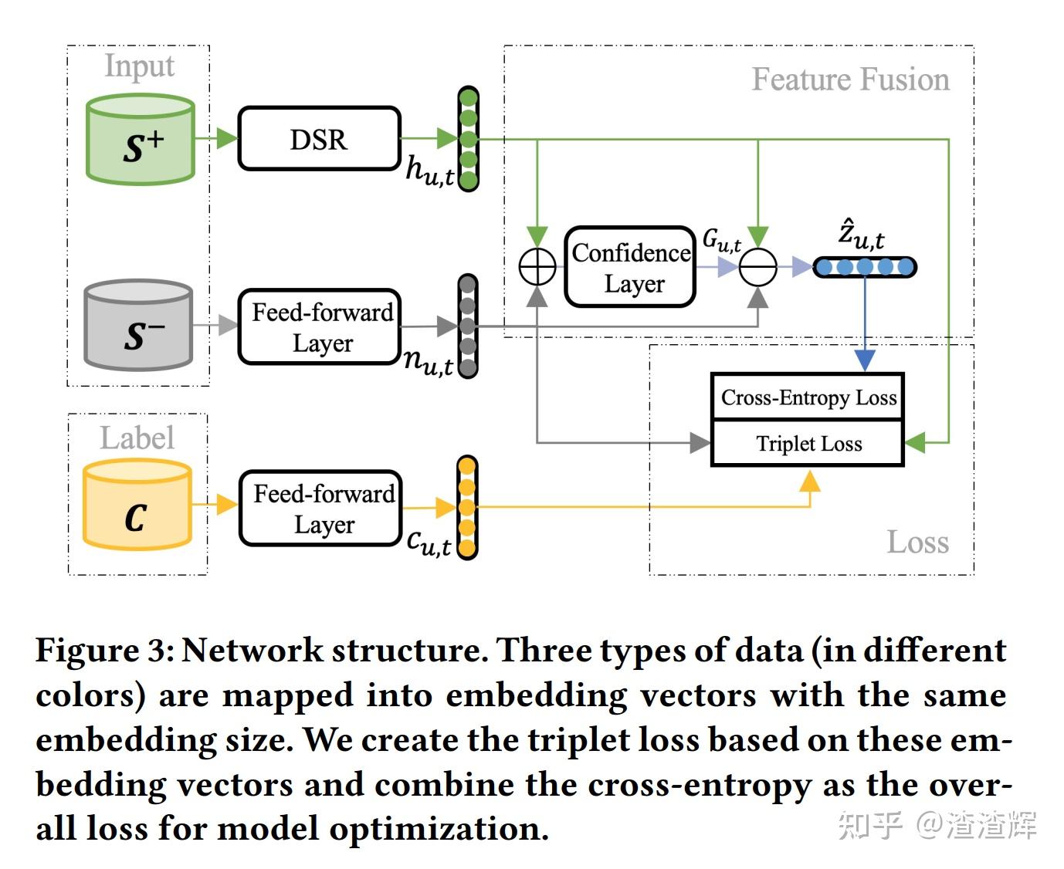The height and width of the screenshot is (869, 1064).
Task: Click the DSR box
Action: click(x=319, y=139)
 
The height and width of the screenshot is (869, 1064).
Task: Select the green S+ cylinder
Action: click(x=141, y=140)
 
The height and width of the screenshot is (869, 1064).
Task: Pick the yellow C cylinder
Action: click(x=137, y=506)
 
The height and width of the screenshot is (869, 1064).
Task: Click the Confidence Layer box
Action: click(x=630, y=267)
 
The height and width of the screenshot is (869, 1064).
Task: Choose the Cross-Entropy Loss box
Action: click(x=808, y=397)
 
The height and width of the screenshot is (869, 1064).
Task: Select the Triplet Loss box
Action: click(x=808, y=444)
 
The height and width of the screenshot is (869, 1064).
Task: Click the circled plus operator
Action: click(x=537, y=268)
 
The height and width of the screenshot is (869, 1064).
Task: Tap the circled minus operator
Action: click(x=758, y=268)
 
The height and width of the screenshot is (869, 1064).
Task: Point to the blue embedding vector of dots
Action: click(x=865, y=267)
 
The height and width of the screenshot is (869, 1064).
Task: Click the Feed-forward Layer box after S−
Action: click(x=320, y=327)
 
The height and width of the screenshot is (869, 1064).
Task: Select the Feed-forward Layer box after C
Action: click(x=322, y=509)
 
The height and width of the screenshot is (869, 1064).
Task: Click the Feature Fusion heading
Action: click(x=850, y=79)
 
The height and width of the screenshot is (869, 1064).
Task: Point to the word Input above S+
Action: click(x=139, y=66)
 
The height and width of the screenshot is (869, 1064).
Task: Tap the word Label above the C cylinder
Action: click(x=137, y=438)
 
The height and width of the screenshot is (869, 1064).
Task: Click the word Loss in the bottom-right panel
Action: click(x=917, y=542)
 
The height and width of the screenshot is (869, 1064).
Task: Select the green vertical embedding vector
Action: click(x=468, y=139)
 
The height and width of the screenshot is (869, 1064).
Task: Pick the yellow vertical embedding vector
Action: click(x=466, y=508)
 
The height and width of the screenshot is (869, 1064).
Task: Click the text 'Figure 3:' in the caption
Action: click(x=105, y=651)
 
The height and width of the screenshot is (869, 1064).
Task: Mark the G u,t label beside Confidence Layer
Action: click(x=721, y=241)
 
